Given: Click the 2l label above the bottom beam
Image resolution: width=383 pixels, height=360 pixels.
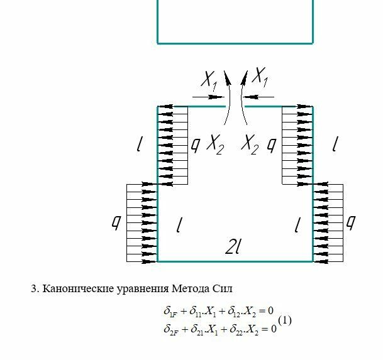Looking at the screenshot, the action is tap(234, 248).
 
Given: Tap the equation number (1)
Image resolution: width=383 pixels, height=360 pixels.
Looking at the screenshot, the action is tap(284, 320).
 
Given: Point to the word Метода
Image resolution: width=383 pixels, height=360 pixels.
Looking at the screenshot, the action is tap(191, 289).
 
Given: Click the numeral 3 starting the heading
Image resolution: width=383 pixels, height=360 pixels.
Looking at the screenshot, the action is tap(34, 289).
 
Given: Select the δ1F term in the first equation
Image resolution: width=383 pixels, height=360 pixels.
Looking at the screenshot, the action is tap(172, 311).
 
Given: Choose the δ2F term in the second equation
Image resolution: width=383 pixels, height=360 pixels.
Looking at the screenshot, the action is tap(173, 329).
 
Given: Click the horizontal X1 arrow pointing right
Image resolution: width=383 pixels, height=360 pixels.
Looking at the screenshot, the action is tap(208, 97).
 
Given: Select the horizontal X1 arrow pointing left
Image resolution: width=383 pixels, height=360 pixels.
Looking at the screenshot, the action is tap(258, 97).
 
